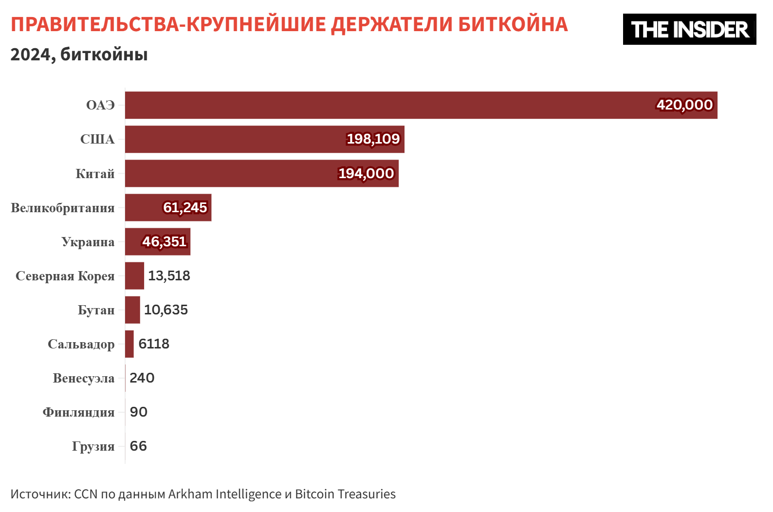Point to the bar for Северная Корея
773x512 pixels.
tap(134, 275)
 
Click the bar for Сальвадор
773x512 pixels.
tap(129, 344)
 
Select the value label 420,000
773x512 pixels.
tap(684, 105)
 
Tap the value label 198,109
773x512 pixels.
tap(373, 139)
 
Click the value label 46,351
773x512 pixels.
tap(165, 241)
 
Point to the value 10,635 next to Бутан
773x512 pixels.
tap(166, 310)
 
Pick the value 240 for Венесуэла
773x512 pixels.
tap(142, 378)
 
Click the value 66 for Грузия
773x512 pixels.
tap(138, 446)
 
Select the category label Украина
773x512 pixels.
tap(88, 242)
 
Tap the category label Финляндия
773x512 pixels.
tap(79, 412)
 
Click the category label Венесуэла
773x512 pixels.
tap(84, 378)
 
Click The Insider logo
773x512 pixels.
tap(689, 29)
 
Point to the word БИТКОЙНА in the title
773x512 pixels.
tap(513, 24)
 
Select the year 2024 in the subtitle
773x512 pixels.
tap(30, 55)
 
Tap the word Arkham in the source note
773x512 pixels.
tap(190, 494)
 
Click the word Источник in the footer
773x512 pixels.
tap(40, 494)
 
